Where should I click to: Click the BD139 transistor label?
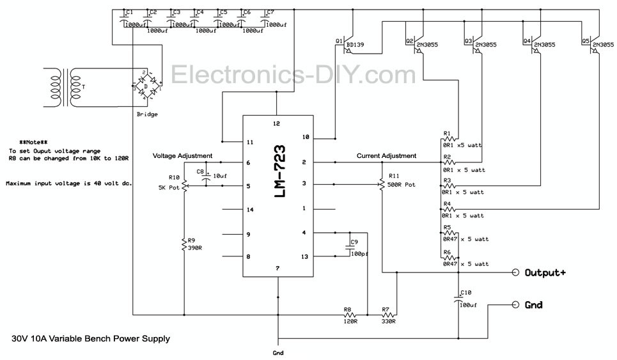pyautogui.click(x=355, y=45)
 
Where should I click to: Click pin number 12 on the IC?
pyautogui.click(x=277, y=123)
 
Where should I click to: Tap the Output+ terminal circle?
pyautogui.click(x=515, y=272)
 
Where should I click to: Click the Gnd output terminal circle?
pyautogui.click(x=515, y=305)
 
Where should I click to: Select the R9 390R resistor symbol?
pyautogui.click(x=184, y=244)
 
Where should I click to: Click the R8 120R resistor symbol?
pyautogui.click(x=349, y=315)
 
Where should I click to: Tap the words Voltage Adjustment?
pyautogui.click(x=182, y=156)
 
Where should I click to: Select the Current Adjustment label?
pyautogui.click(x=387, y=156)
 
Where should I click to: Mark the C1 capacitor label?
pyautogui.click(x=130, y=12)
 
